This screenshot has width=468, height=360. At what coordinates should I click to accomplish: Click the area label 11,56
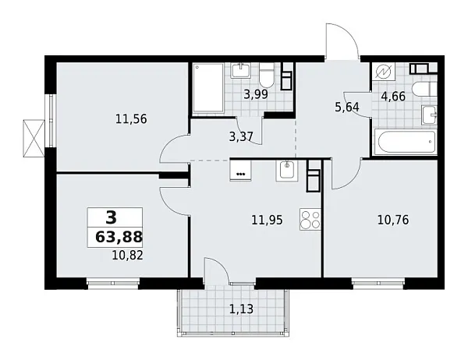point(130,119)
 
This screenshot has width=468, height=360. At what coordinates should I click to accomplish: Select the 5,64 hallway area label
point(346,108)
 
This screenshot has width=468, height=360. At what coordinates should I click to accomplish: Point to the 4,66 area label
point(392,98)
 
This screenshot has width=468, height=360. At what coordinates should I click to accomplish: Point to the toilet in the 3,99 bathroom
point(267,76)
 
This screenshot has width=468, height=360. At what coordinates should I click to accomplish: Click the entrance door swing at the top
point(341,43)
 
